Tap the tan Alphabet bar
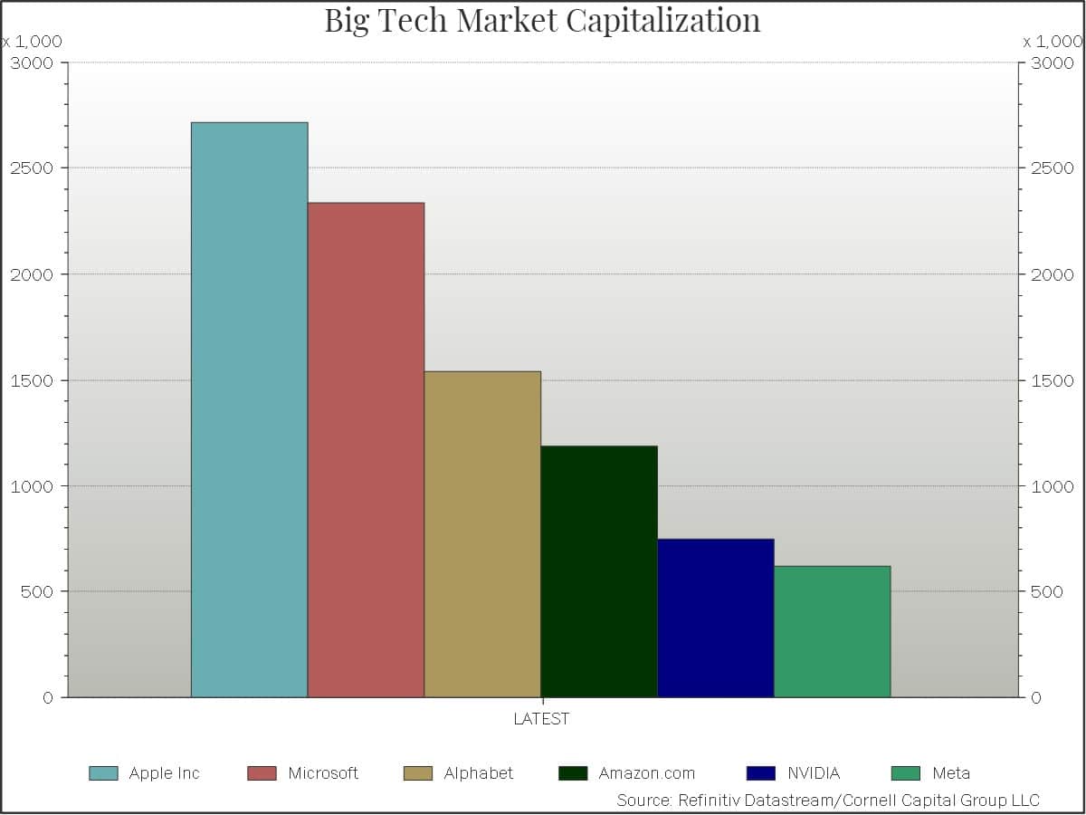click(x=482, y=534)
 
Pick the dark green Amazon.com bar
click(x=599, y=571)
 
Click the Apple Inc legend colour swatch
click(x=103, y=773)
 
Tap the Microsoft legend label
click(x=323, y=773)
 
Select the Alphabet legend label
click(x=479, y=773)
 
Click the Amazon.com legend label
click(x=647, y=773)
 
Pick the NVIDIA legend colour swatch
click(x=761, y=773)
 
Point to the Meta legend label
click(x=951, y=773)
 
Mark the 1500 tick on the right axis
click(x=1051, y=380)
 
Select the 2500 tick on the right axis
click(x=1051, y=168)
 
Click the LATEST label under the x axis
click(x=542, y=719)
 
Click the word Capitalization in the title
click(x=664, y=20)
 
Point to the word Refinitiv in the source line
click(x=710, y=801)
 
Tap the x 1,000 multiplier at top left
click(x=32, y=42)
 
